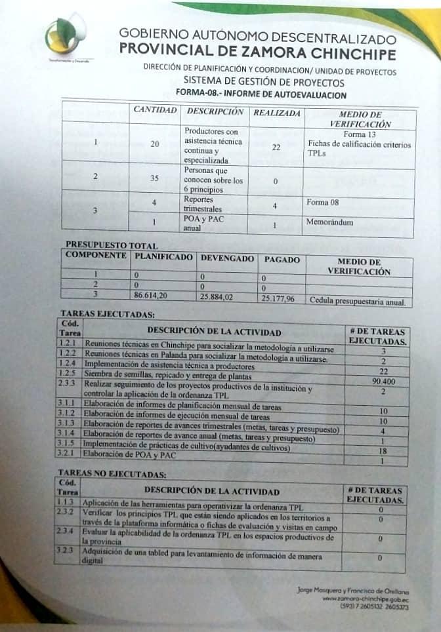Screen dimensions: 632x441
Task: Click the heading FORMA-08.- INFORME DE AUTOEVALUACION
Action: tap(261, 94)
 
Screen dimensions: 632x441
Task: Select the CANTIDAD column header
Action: tap(156, 110)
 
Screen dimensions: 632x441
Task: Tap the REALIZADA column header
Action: tap(277, 113)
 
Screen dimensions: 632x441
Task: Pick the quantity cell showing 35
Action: tap(155, 177)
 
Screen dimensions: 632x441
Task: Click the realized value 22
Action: tap(276, 147)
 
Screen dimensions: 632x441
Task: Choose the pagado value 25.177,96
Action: tap(278, 299)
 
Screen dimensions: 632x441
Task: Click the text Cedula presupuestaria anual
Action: tap(358, 302)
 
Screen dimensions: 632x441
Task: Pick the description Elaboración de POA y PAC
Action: tap(131, 454)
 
